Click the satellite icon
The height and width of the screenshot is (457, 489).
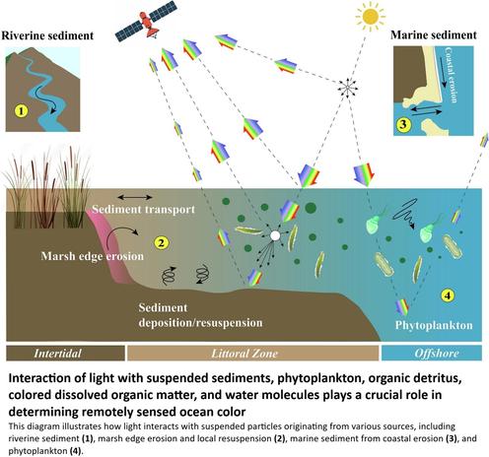pos(146,21)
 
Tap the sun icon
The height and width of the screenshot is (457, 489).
pos(371,16)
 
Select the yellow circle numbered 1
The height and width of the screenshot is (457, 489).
pos(22,110)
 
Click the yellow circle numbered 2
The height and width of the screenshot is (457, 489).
pos(161,243)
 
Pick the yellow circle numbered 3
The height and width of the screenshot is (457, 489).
pos(403,124)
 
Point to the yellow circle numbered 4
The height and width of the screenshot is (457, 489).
pos(448,295)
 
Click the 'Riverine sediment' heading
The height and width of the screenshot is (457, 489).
pos(47,35)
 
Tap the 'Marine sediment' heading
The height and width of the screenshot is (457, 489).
pos(434,34)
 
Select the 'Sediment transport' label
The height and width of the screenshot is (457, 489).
pos(143,210)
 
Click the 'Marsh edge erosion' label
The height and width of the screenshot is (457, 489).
pos(93,256)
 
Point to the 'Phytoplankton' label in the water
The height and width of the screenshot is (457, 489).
pos(434,325)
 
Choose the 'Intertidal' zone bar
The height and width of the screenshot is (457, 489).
pos(65,354)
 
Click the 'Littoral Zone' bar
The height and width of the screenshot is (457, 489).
pos(252,354)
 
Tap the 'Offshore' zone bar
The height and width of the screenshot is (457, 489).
pos(432,354)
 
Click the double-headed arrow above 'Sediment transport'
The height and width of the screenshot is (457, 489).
pos(135,197)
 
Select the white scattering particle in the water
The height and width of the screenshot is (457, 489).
pos(275,235)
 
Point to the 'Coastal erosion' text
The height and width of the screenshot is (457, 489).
pos(451,75)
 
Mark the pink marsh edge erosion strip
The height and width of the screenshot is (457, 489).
pos(110,246)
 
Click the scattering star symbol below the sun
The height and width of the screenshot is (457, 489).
pos(347,88)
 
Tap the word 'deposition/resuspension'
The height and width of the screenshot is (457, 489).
pos(200,323)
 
